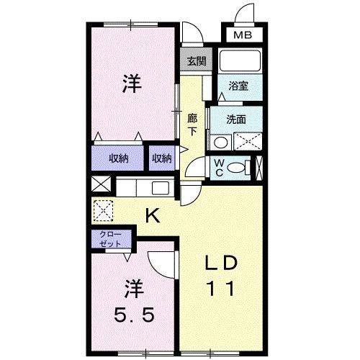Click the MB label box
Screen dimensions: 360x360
[x=242, y=33]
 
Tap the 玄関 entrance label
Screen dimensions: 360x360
[x=196, y=61]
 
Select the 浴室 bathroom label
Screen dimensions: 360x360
[x=238, y=86]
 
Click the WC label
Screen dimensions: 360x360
[x=217, y=168]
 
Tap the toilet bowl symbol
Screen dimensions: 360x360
[x=237, y=168]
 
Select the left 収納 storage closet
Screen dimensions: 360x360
[x=118, y=157]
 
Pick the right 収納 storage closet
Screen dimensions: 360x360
[x=162, y=157]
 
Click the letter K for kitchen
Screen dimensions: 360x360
[x=153, y=214]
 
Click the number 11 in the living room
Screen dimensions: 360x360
[x=220, y=289]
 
